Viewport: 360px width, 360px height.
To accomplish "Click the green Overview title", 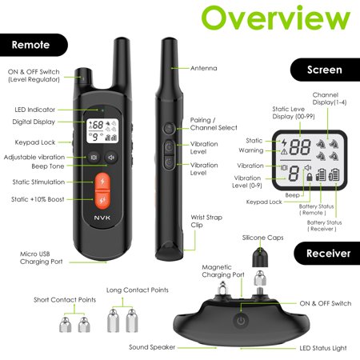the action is (x=276, y=18).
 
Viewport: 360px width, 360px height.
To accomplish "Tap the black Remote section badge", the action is (x=34, y=45).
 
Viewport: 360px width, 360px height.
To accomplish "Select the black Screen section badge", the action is (x=325, y=70).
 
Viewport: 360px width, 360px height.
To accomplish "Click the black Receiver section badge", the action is (x=327, y=254).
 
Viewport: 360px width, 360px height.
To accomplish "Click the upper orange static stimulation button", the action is (x=102, y=182).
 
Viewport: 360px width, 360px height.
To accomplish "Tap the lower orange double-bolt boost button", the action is (x=102, y=200).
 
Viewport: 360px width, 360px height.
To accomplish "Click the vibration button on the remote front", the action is (x=94, y=158).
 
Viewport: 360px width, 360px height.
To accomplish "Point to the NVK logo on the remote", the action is (x=102, y=218).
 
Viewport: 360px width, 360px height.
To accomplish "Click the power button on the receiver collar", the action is (x=241, y=320).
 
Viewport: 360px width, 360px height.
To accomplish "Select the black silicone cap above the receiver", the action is (x=260, y=258).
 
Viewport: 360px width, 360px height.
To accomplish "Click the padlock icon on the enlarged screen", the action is (x=310, y=177).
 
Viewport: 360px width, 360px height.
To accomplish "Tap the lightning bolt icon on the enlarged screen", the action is (x=284, y=143).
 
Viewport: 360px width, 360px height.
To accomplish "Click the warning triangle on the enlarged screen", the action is (x=284, y=152).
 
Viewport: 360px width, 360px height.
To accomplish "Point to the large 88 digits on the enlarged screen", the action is (x=300, y=147).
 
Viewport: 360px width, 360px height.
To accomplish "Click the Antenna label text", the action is (x=204, y=68).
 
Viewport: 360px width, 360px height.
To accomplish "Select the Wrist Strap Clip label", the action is (x=206, y=221).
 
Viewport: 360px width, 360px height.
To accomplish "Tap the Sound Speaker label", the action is (x=152, y=347).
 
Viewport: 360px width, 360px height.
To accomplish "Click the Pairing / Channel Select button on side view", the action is (x=169, y=129).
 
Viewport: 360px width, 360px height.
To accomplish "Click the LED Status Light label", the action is (x=323, y=348).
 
